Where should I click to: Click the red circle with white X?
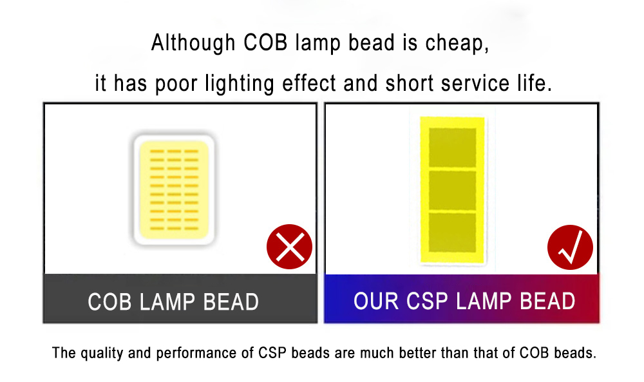(x=289, y=247)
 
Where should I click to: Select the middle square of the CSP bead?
(x=453, y=189)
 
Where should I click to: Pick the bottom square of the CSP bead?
(x=453, y=233)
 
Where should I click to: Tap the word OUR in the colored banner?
(x=377, y=301)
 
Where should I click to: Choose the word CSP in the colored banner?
(x=430, y=301)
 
